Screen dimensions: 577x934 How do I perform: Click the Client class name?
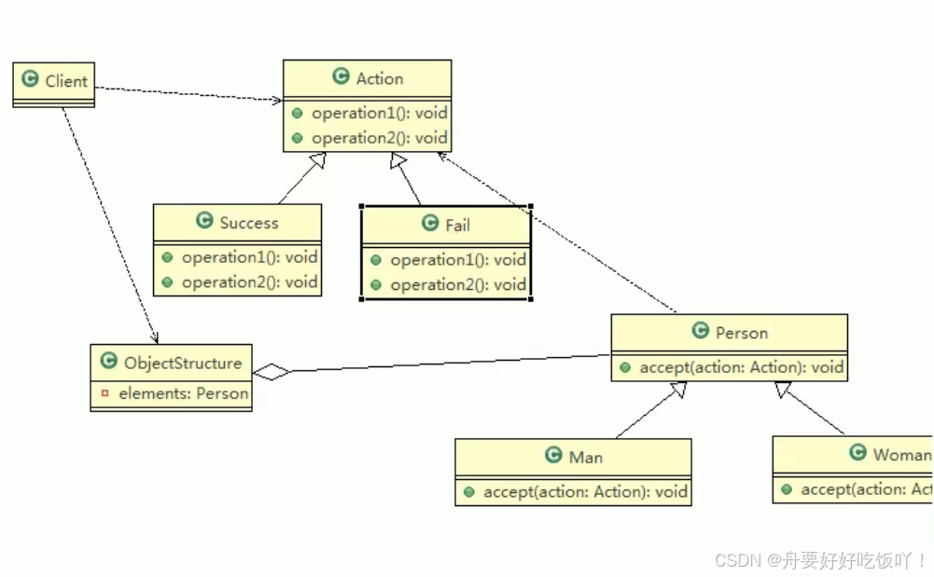point(66,81)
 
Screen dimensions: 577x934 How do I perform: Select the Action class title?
point(380,78)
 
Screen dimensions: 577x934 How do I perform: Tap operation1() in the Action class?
point(379,113)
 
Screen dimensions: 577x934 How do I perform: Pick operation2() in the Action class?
point(379,138)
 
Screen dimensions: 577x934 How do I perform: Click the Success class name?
point(249,223)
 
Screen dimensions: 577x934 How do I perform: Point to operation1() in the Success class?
point(249,257)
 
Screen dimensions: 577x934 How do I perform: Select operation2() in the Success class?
point(249,282)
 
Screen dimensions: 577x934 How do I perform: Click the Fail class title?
point(457,225)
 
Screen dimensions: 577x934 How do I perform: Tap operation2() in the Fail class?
point(457,284)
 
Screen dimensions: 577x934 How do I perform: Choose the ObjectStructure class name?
point(183,364)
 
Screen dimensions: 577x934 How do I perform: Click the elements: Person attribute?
point(183,393)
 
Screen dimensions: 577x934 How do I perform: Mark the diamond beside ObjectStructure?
point(272,372)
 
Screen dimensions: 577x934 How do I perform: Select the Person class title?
point(742,333)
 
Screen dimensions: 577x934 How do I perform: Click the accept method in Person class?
point(741,367)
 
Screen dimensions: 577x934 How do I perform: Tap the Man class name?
point(586,457)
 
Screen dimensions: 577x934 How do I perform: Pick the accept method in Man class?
point(585,491)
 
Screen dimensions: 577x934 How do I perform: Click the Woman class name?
point(901,455)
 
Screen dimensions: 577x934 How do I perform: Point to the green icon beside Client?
point(30,80)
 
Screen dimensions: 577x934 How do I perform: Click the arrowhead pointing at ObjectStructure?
point(155,338)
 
